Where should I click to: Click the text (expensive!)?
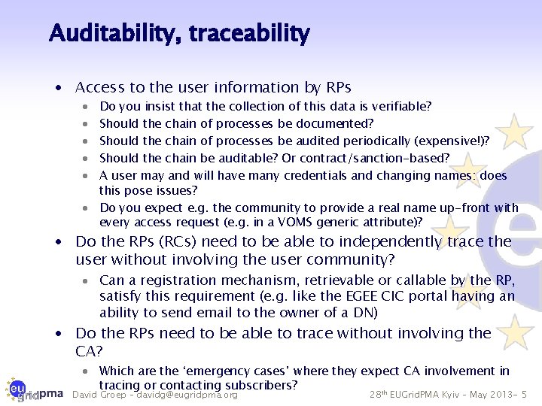pyautogui.click(x=450, y=141)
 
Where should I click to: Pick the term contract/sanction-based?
pyautogui.click(x=382, y=158)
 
